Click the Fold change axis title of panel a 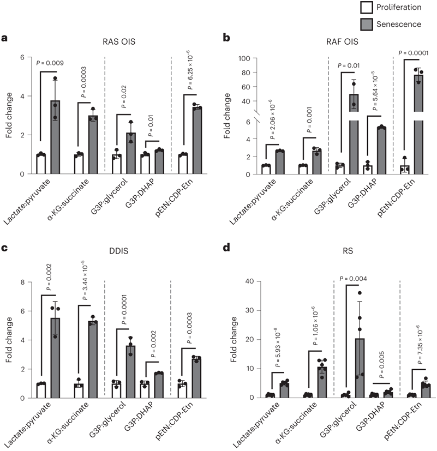pyautogui.click(x=7, y=116)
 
